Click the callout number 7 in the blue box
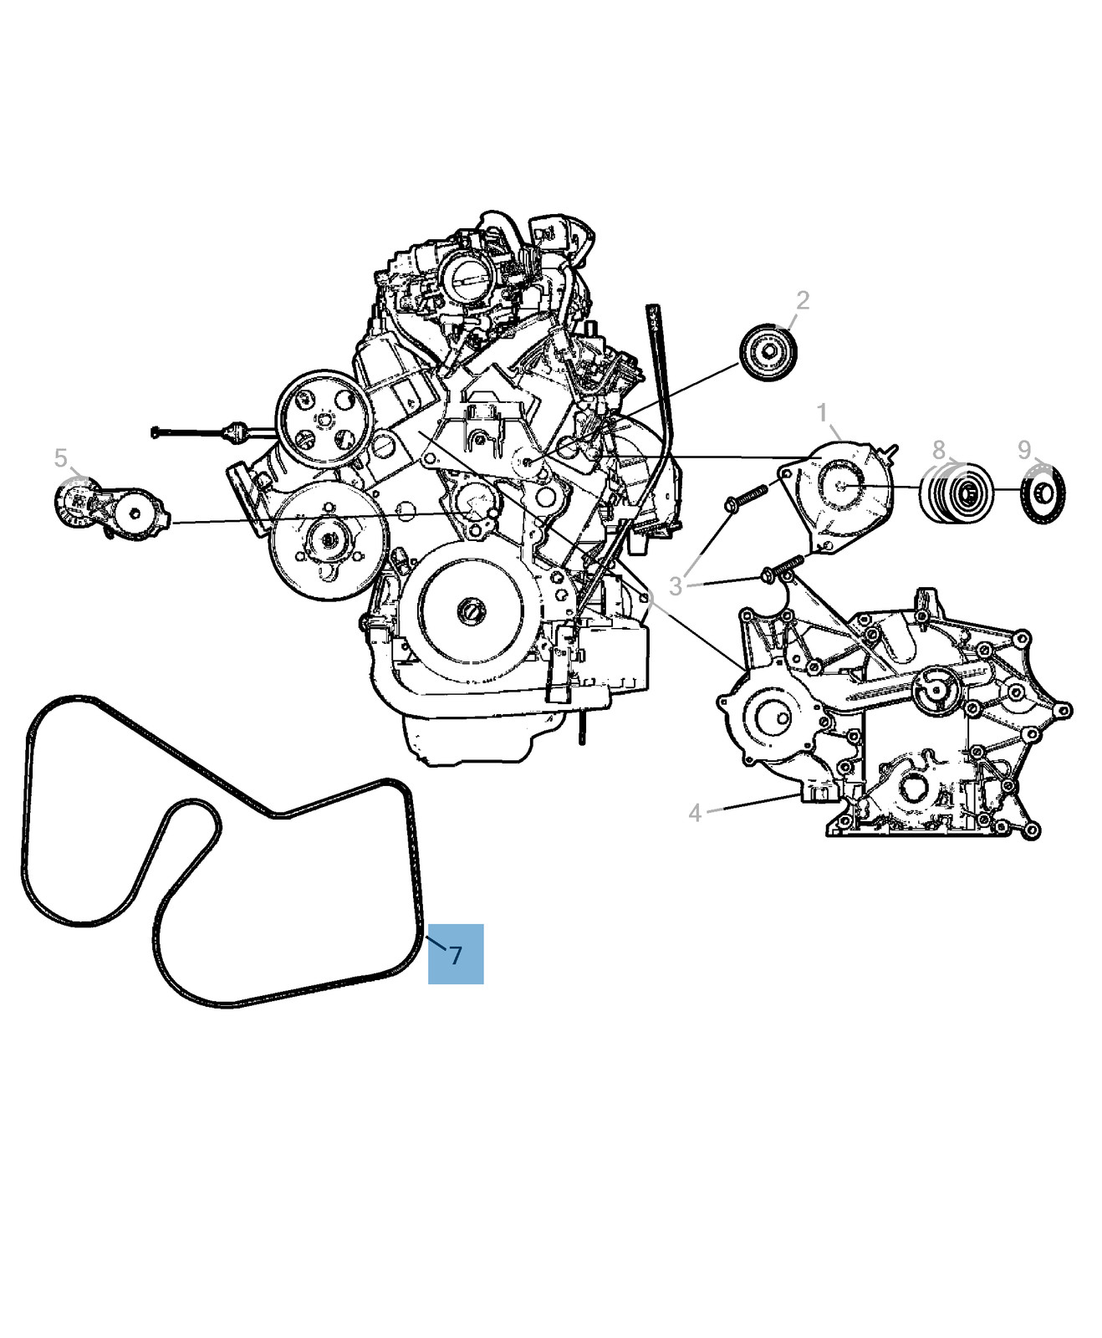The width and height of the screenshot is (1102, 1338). [456, 954]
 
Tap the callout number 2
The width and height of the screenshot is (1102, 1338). [803, 301]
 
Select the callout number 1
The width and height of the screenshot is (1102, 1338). [823, 413]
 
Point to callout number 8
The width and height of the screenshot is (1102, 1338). [939, 450]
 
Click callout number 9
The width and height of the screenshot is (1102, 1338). [1025, 450]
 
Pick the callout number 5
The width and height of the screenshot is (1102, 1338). [60, 457]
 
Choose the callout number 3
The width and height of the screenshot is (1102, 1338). [676, 586]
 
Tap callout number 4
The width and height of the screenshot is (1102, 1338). [695, 812]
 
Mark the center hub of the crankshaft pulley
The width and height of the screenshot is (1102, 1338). [471, 610]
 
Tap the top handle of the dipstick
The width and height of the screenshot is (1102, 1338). [651, 319]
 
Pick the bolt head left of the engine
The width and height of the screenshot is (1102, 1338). [156, 432]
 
